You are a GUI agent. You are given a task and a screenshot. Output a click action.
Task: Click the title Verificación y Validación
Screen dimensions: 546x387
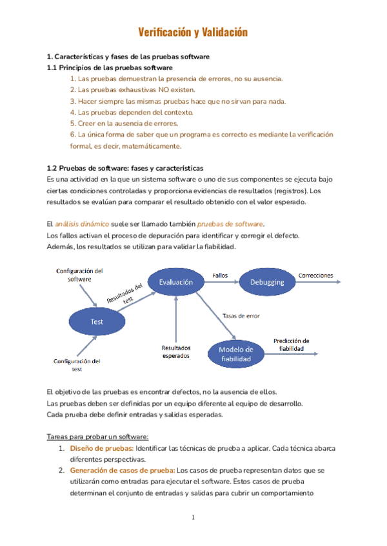193,32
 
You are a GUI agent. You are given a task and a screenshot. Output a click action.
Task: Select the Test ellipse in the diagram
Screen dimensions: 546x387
97,321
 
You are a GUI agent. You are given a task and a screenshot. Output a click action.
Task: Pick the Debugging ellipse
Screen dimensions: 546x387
267,282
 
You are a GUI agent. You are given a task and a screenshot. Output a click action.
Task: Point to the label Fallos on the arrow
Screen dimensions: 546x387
220,276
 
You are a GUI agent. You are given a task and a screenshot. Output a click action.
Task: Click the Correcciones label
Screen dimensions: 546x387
315,276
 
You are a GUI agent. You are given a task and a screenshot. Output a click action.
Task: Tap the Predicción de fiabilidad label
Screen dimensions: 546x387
291,344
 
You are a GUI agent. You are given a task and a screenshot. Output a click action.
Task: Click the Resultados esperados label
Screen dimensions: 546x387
175,352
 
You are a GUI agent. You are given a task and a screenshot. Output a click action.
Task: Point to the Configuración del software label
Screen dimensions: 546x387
80,275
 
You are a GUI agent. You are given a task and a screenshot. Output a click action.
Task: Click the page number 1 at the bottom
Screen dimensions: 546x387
193,518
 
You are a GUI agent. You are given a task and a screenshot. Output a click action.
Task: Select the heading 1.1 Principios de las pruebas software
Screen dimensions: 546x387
110,68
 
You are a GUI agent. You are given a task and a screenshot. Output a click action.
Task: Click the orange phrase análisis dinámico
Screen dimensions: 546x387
81,223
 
